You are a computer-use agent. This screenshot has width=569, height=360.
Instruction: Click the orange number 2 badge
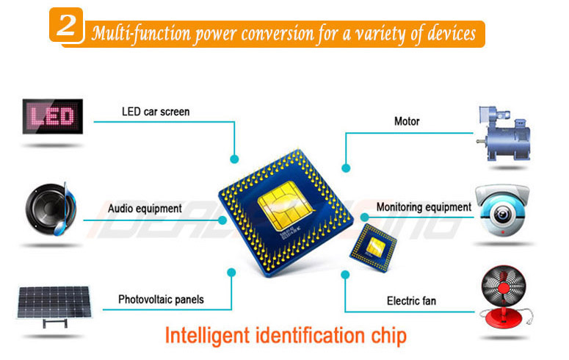[x=66, y=25]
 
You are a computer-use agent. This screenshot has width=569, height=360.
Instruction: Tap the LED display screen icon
[x=53, y=116]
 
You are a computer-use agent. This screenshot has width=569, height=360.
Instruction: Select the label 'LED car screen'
[x=156, y=112]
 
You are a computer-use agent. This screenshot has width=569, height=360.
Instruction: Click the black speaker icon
[x=51, y=209]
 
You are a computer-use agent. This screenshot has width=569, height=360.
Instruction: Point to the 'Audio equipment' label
[x=145, y=209]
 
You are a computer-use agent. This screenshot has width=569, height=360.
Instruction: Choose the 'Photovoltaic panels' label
[x=161, y=299]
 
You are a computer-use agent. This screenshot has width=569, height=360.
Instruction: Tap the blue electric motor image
[x=504, y=134]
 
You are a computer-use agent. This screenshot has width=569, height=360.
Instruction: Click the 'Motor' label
[x=407, y=121]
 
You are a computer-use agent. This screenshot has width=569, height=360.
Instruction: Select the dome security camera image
[x=503, y=210]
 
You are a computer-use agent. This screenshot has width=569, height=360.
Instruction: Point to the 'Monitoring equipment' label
[x=424, y=207]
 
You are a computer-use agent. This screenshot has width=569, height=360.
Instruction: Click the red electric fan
[x=504, y=297]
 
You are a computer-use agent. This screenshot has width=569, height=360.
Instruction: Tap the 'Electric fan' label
[x=411, y=300]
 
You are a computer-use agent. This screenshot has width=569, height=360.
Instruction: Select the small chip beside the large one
[x=374, y=247]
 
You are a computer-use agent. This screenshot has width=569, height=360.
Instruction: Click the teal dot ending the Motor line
[x=346, y=168]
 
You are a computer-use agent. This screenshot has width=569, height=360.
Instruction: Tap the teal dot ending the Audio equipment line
[x=222, y=220]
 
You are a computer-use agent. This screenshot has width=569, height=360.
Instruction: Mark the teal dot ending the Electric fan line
[x=345, y=275]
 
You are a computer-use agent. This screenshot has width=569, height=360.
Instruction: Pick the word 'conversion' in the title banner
[x=278, y=33]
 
